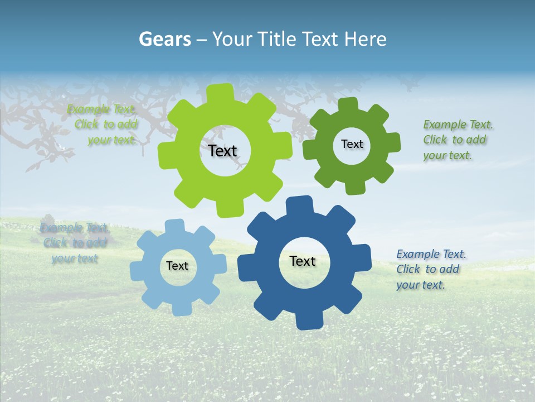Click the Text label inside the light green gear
point(223,151)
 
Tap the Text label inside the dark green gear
point(352,144)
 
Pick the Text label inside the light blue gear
point(177,266)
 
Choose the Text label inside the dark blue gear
point(303,261)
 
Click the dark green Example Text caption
point(458,140)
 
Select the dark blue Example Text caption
point(431,269)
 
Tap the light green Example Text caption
point(103,125)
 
